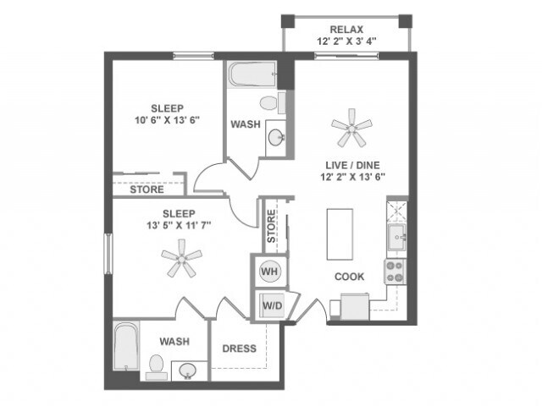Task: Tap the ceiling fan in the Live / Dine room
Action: pos(351,128)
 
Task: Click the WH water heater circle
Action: pos(269,272)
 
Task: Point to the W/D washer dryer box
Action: pos(270,304)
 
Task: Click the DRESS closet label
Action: pos(239,348)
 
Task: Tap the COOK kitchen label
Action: pos(349,276)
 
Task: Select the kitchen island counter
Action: pos(338,233)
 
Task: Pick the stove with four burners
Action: pos(395,271)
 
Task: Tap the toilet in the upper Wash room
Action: pos(270,104)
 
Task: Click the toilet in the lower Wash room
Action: pos(157,365)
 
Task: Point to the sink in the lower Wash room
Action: pos(188,369)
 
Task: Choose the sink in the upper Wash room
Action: pos(276,137)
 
